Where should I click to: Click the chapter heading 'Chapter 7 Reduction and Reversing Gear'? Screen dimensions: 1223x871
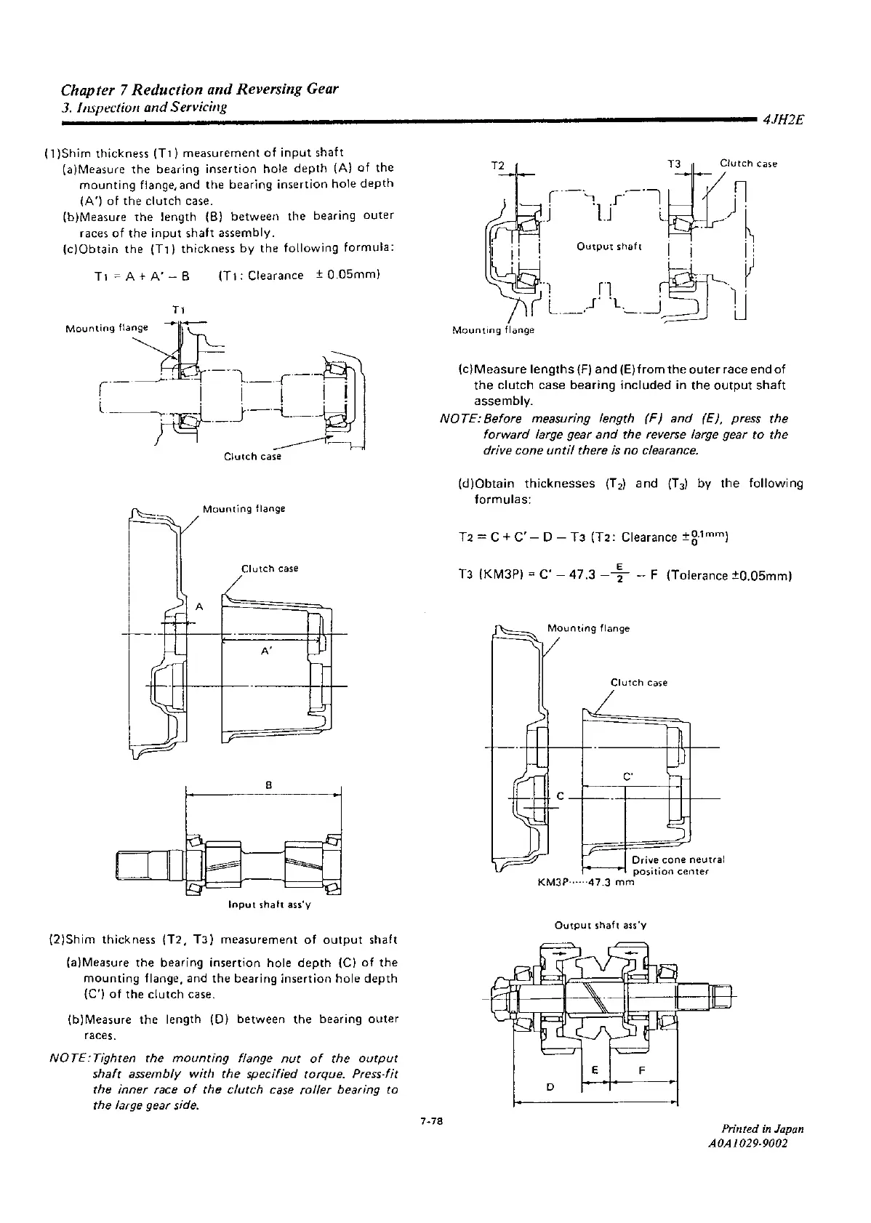200,90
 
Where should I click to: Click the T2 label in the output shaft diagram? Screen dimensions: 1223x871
498,165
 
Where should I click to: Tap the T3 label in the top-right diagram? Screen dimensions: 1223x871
674,164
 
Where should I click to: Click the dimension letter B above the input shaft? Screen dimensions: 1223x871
268,785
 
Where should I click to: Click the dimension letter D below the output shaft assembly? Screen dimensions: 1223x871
550,1087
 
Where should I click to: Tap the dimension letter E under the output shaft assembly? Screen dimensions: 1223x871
595,1070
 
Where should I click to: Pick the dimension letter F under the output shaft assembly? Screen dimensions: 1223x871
642,1070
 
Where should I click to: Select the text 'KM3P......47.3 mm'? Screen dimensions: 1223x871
586,883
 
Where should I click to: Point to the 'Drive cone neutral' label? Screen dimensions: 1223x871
678,859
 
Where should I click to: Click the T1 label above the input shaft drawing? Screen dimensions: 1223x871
177,310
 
